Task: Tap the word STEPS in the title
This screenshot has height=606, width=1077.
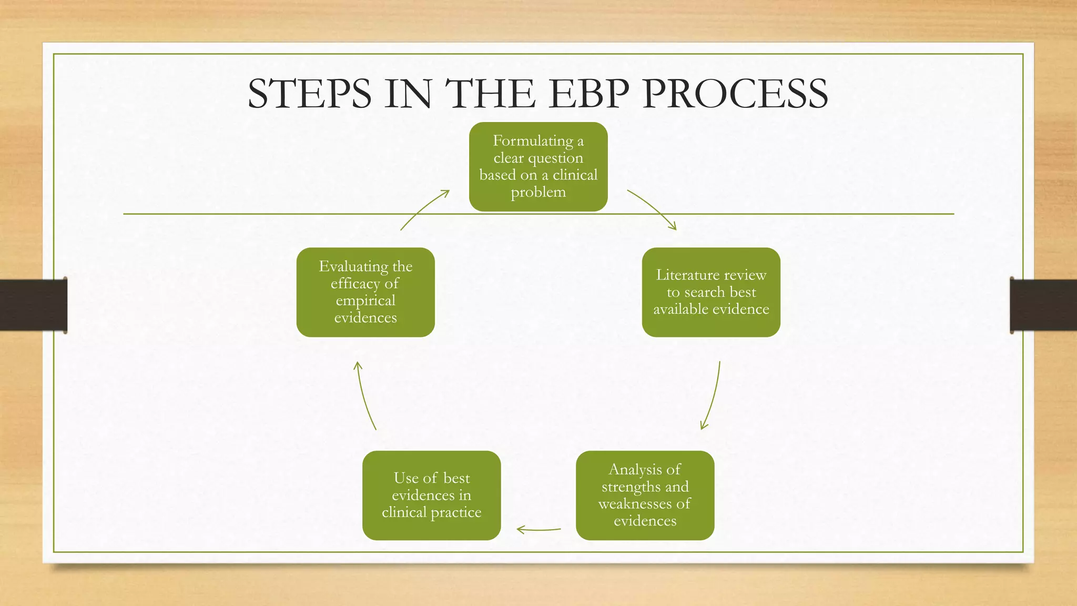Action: pos(309,94)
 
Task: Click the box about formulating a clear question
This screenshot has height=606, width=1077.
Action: pos(538,166)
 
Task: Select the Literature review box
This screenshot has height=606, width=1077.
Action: pos(711,292)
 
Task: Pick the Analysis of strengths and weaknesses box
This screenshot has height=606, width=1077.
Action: pos(645,495)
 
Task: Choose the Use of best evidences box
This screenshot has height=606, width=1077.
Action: pos(431,495)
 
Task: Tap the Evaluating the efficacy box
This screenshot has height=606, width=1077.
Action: pos(365,292)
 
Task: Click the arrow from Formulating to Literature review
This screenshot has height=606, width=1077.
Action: pos(652,209)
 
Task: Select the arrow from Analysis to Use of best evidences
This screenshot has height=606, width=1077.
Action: pos(538,530)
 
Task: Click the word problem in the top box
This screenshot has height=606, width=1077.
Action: pos(538,192)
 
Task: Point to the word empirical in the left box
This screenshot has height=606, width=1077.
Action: pos(365,300)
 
